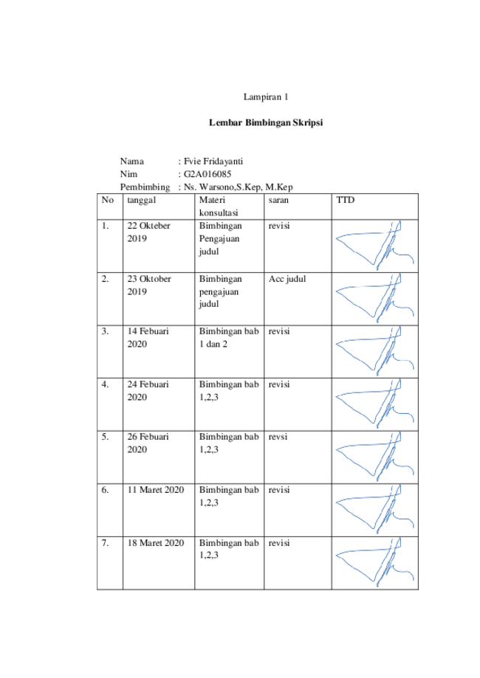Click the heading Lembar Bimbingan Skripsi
266,122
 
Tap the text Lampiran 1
266,97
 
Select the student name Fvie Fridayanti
213,162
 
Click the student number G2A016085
208,174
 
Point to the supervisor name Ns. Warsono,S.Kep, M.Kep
239,187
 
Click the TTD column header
346,200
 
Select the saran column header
278,200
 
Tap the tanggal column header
142,201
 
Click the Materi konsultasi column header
219,207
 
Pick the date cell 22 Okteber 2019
148,232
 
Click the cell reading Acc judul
287,279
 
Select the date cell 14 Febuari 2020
148,338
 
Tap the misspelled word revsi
278,437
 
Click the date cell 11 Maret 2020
155,490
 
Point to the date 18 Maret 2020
155,543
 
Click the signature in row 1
375,245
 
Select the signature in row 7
375,562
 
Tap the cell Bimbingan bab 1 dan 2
229,338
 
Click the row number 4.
105,384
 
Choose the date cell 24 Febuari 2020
148,391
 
